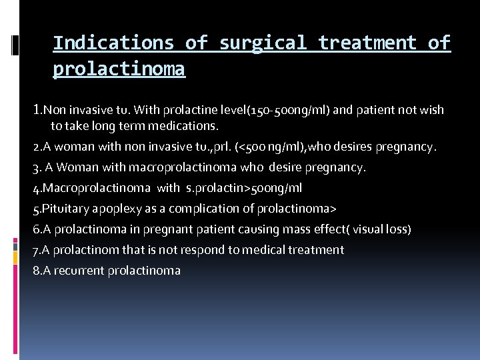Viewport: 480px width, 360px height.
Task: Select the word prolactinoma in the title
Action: point(119,69)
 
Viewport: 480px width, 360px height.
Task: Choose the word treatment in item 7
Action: point(316,250)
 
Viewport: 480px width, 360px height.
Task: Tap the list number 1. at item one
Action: point(38,109)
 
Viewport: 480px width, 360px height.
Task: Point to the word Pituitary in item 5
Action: point(64,209)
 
